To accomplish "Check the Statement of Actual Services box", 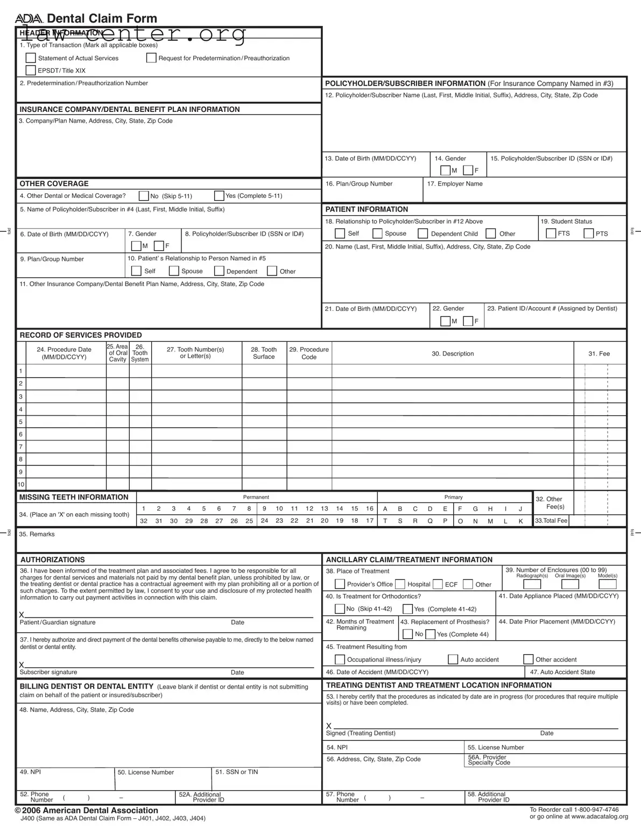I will [x=31, y=58].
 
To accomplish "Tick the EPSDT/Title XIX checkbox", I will [x=31, y=70].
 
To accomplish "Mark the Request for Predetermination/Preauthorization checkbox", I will [x=151, y=58].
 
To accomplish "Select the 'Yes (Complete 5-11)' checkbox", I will [x=219, y=196].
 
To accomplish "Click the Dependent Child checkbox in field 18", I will [x=423, y=233].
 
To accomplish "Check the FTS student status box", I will [x=551, y=233].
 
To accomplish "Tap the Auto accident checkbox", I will [x=453, y=660].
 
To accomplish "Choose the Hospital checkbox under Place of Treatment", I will [x=400, y=584].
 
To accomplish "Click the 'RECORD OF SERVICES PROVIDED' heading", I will [x=81, y=335].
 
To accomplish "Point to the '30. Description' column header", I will [x=453, y=353].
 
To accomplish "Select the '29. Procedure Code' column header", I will [x=309, y=353].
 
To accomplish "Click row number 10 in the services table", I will [x=21, y=484].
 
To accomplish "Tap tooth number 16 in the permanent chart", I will [x=370, y=508].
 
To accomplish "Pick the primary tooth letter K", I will [x=520, y=521].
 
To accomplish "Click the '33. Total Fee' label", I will [x=551, y=521].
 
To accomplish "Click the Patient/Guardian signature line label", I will [x=58, y=622].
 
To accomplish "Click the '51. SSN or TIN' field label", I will [x=236, y=772].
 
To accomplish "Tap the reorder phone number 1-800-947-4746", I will [x=596, y=810].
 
